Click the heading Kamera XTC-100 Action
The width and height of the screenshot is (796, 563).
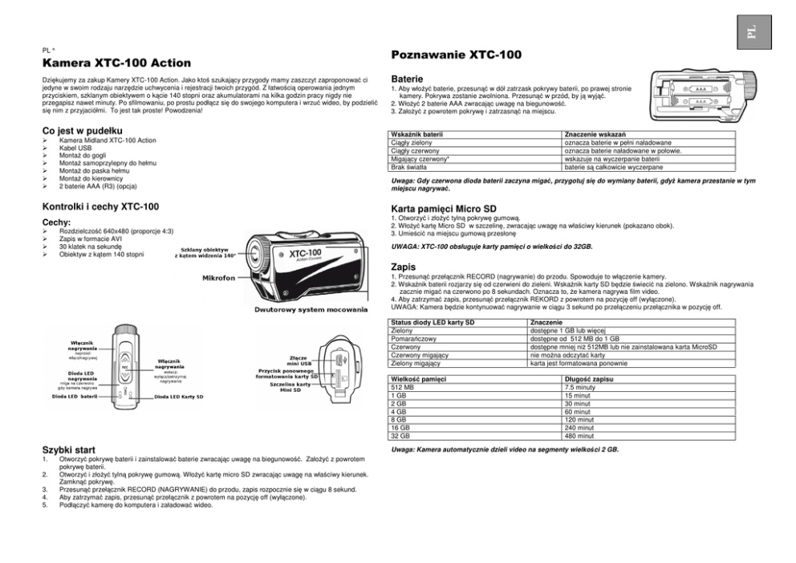click(116, 63)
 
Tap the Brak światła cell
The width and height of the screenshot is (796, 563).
click(408, 167)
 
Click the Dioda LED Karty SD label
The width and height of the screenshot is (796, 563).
click(178, 397)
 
